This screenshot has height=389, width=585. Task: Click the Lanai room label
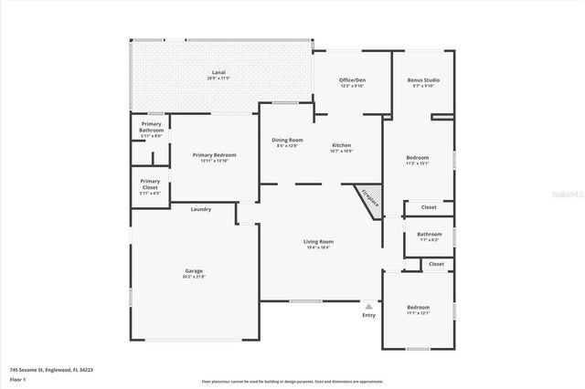point(219,72)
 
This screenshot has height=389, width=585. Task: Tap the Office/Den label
point(352,80)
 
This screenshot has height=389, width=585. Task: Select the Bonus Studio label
point(421,80)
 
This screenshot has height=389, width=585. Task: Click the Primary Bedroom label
point(215,155)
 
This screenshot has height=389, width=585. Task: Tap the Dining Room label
point(287,140)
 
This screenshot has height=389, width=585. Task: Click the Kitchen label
point(341,145)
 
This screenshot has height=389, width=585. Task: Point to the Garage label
point(194,270)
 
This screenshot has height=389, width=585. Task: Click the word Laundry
point(201,209)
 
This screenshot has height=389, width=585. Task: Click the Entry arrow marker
point(368,306)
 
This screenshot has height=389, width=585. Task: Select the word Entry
point(368,315)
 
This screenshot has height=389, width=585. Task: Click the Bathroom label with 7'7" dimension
point(428,233)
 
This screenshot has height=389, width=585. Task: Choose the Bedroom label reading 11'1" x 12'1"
point(418,308)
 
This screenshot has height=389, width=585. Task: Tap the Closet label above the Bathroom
point(429,207)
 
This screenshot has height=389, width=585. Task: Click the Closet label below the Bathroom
point(436,264)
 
